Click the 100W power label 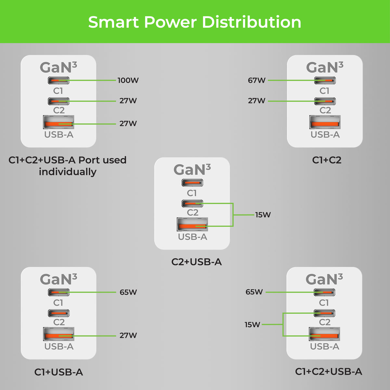[128, 80]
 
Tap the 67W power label [257, 80]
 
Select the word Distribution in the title [252, 22]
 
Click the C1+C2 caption [327, 160]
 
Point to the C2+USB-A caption [196, 262]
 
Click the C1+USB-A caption [58, 372]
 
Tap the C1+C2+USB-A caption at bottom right [328, 371]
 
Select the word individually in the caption [68, 172]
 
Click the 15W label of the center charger [263, 215]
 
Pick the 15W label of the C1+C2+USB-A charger [252, 324]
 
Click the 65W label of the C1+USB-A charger [128, 292]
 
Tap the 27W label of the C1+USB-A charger [128, 335]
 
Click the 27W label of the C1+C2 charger [257, 101]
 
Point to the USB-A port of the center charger [192, 224]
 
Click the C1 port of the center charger [192, 183]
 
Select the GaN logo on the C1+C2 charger [324, 68]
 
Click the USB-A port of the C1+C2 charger [325, 122]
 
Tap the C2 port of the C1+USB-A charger [59, 313]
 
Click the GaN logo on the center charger [192, 170]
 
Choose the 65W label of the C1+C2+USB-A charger [254, 292]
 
